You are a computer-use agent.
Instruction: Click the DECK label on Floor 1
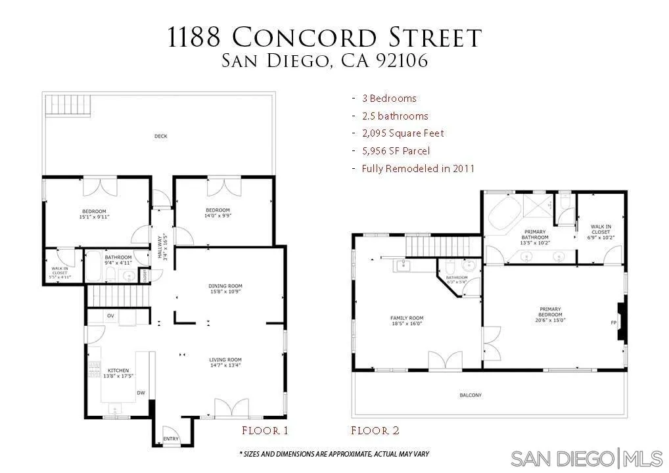pyautogui.click(x=160, y=137)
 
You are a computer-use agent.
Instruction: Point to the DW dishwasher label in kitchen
pyautogui.click(x=141, y=393)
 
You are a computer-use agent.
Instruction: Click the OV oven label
pyautogui.click(x=111, y=316)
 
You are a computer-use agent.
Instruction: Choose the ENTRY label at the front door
pyautogui.click(x=171, y=439)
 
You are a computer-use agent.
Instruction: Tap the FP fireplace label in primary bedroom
pyautogui.click(x=613, y=323)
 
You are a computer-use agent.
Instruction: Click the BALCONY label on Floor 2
pyautogui.click(x=471, y=395)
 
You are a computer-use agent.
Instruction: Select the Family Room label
pyautogui.click(x=407, y=318)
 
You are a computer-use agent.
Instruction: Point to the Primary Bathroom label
pyautogui.click(x=534, y=235)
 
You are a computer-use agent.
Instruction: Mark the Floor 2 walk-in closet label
pyautogui.click(x=600, y=230)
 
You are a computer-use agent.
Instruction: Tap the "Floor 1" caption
pyautogui.click(x=265, y=431)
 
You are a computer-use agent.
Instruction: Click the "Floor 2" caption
pyautogui.click(x=375, y=431)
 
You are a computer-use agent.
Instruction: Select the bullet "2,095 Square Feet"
pyautogui.click(x=402, y=133)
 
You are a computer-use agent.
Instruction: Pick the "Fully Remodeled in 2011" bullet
pyautogui.click(x=418, y=169)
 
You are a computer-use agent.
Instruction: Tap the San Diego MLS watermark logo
pyautogui.click(x=586, y=457)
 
